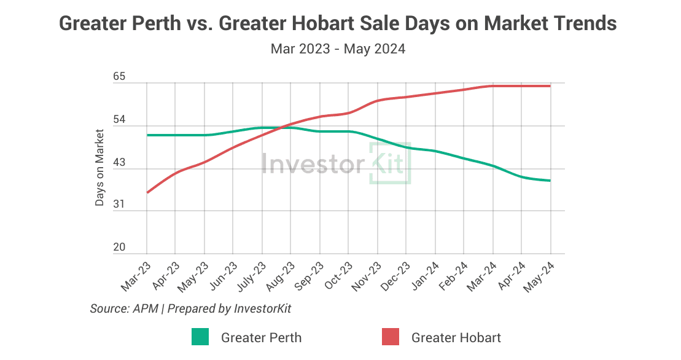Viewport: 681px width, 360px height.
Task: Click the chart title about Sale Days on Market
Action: (338, 24)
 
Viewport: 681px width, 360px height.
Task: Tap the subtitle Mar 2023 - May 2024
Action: (338, 49)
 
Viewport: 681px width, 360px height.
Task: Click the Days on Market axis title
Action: (99, 168)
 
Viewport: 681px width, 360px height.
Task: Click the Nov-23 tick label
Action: (367, 275)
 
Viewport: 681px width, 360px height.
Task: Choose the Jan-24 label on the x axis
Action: (424, 275)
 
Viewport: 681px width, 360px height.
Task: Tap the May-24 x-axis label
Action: (539, 275)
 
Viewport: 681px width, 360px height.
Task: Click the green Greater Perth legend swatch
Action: (200, 337)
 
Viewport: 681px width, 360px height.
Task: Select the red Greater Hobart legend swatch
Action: (391, 337)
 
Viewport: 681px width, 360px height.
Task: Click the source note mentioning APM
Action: (190, 308)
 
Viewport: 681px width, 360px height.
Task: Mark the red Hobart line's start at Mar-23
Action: (147, 192)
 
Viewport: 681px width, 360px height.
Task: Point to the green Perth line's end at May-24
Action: (550, 181)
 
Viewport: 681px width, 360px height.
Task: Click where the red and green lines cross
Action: (281, 127)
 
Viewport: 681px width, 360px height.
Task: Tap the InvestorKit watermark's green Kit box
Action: (390, 163)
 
